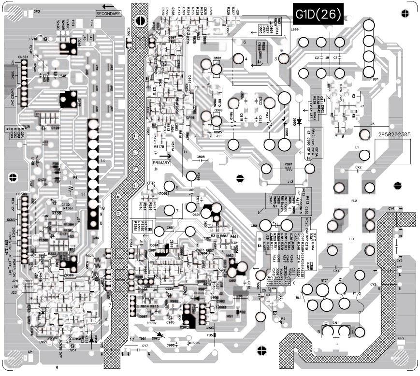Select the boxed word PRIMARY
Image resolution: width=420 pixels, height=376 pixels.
(161, 163)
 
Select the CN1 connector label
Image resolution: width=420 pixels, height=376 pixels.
(335, 322)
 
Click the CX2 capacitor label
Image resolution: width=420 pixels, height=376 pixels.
(358, 167)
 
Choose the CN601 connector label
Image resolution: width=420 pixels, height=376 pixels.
(23, 58)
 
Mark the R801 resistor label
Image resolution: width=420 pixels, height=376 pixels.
(289, 163)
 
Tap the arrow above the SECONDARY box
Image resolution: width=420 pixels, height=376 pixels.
(109, 6)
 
